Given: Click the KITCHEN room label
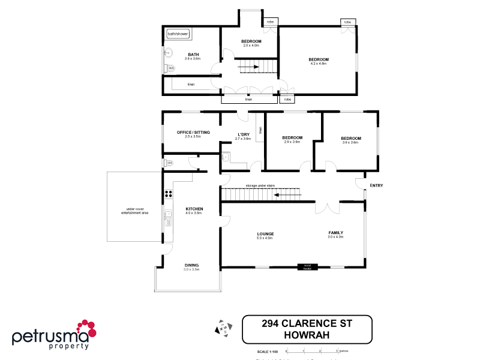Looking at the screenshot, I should pyautogui.click(x=194, y=209).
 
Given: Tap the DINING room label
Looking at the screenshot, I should pyautogui.click(x=192, y=265).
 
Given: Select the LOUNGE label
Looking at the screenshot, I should pyautogui.click(x=265, y=234).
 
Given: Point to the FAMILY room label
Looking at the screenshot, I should pyautogui.click(x=335, y=233).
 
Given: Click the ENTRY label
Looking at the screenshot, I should pyautogui.click(x=376, y=185).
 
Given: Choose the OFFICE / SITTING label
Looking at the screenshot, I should pyautogui.click(x=193, y=132).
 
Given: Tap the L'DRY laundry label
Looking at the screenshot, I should pyautogui.click(x=243, y=134).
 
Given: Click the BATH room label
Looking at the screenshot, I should pyautogui.click(x=193, y=55).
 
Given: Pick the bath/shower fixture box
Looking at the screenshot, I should pyautogui.click(x=178, y=34).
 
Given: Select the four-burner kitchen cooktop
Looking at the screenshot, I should pyautogui.click(x=169, y=193).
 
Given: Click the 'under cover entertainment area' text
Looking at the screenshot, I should pyautogui.click(x=134, y=211).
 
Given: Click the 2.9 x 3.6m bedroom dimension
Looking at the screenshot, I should pyautogui.click(x=292, y=142).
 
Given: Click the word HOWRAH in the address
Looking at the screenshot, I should pyautogui.click(x=307, y=335).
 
